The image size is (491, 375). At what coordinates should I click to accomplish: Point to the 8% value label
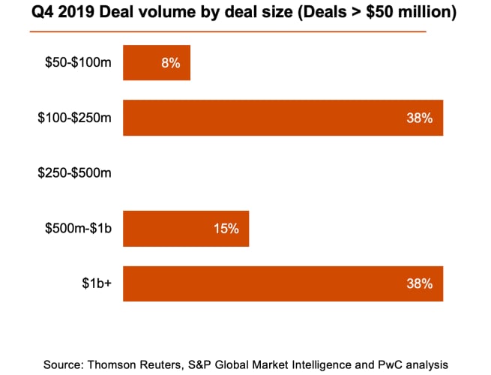170,63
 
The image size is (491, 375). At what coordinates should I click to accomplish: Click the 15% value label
226,229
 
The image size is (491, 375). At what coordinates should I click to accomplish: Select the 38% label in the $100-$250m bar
420,118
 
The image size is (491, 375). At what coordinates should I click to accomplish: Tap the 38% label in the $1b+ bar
420,283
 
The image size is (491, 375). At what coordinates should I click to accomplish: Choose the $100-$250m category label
74,118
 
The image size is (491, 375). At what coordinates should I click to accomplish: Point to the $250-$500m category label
74,173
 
